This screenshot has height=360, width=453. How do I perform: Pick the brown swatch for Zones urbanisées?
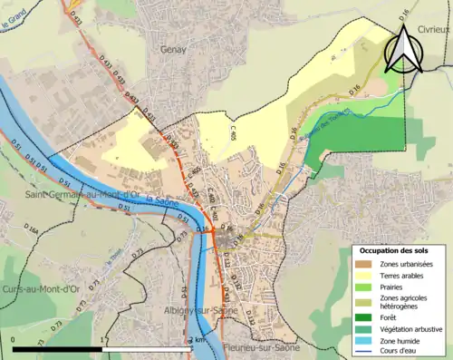362,264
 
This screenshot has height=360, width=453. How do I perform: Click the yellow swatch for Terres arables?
362,275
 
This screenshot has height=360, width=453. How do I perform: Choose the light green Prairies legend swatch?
362,287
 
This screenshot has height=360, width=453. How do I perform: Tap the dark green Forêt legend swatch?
362,316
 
